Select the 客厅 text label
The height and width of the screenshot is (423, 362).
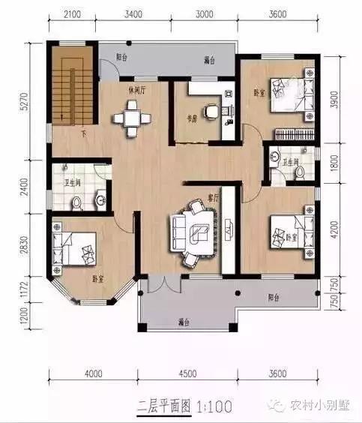(x=212, y=198)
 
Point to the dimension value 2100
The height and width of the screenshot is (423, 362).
(x=72, y=13)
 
